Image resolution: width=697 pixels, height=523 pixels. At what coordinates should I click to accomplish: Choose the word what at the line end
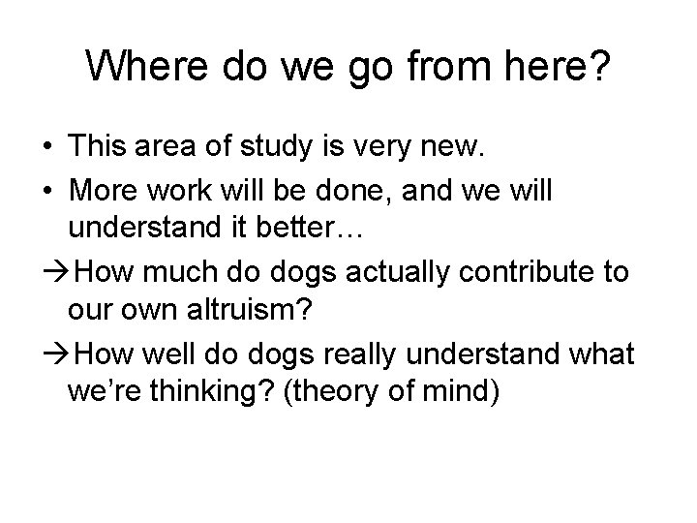tap(602, 355)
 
